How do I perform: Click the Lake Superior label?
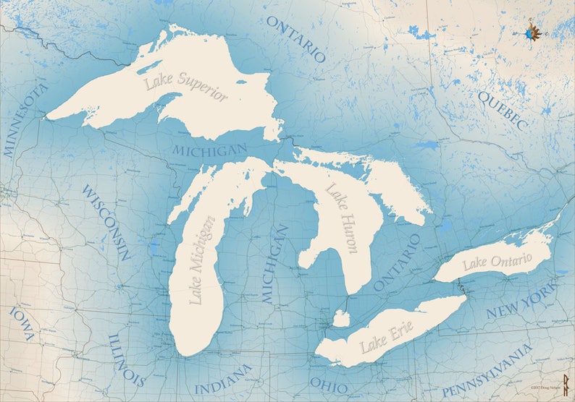pyautogui.click(x=185, y=87)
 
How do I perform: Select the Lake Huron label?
pyautogui.click(x=342, y=218)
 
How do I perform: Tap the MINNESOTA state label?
pyautogui.click(x=25, y=120)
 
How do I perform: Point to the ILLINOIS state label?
pyautogui.click(x=127, y=359)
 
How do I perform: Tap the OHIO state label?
pyautogui.click(x=329, y=382)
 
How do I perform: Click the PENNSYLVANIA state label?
pyautogui.click(x=487, y=371)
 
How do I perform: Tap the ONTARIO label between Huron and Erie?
pyautogui.click(x=397, y=262)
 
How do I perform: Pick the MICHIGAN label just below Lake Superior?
pyautogui.click(x=210, y=150)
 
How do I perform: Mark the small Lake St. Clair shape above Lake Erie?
pyautogui.click(x=341, y=318)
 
